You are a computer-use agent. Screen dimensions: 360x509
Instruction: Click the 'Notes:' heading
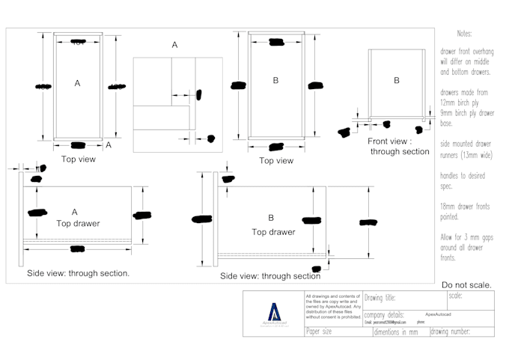(464, 34)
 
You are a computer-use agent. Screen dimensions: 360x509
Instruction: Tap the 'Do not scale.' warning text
(466, 285)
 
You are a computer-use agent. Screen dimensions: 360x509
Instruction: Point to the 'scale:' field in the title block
(456, 296)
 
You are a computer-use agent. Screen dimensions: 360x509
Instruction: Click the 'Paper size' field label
(320, 332)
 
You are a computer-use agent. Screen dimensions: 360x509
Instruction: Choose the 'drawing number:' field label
(450, 332)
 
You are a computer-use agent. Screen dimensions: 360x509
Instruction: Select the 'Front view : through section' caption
(398, 146)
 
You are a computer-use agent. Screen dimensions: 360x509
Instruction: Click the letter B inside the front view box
(397, 80)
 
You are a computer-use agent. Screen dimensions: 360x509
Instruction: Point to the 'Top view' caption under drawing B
(276, 160)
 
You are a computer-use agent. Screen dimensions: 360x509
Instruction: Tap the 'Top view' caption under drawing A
(78, 159)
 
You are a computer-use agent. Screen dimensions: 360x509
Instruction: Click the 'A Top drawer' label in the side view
(75, 218)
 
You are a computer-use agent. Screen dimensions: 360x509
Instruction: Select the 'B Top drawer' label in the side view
(270, 225)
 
